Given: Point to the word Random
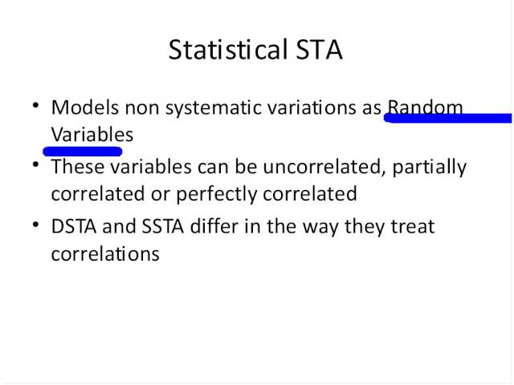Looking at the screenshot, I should (425, 107).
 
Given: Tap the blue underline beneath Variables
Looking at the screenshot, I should (82, 150).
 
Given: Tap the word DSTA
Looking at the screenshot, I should (74, 227).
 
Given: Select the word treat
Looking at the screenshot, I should (412, 227).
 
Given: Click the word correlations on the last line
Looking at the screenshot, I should (105, 254).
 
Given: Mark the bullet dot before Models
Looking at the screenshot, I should (36, 105).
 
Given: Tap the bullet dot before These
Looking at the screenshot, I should (36, 165).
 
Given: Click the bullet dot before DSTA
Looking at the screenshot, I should (36, 225).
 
